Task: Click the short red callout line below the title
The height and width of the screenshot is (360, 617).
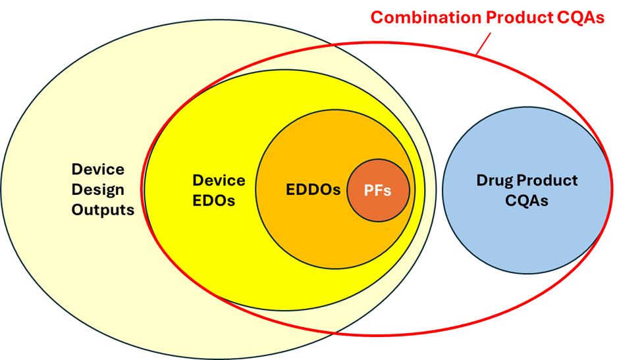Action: click(x=483, y=42)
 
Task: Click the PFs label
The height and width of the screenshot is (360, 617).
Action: click(x=378, y=191)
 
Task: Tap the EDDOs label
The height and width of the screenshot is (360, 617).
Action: click(x=313, y=190)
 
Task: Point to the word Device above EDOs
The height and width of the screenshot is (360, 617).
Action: click(x=219, y=180)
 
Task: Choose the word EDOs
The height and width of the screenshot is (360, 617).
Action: click(x=213, y=201)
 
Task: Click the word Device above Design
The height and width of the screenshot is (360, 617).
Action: click(x=97, y=169)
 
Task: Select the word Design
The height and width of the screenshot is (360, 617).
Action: click(x=97, y=190)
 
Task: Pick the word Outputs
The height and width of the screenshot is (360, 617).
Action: click(x=103, y=210)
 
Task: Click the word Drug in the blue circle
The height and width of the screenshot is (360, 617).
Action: click(x=494, y=180)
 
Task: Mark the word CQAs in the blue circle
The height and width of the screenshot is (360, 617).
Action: click(x=527, y=201)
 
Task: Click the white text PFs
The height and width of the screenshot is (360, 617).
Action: click(x=378, y=191)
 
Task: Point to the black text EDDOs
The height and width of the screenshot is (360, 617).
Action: click(x=313, y=190)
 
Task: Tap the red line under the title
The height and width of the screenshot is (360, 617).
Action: click(x=483, y=42)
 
